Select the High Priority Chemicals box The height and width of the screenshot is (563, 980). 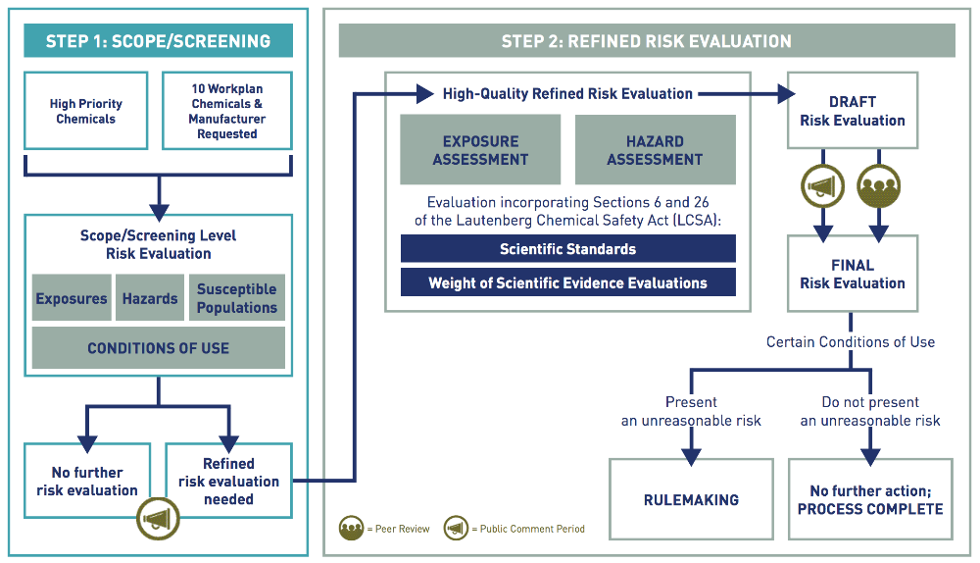(x=85, y=111)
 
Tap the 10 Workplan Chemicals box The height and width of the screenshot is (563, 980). (x=226, y=111)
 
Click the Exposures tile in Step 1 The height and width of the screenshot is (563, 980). (x=72, y=299)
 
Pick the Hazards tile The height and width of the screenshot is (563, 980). (x=150, y=299)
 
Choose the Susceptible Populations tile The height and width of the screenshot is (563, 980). (x=236, y=299)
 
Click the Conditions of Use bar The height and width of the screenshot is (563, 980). (x=158, y=348)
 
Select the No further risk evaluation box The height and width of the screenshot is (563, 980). (x=87, y=481)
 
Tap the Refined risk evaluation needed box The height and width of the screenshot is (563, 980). (x=228, y=481)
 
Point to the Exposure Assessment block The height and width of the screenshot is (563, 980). (x=480, y=150)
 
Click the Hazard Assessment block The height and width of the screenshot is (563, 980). (x=655, y=150)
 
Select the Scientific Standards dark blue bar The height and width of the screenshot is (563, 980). (x=567, y=249)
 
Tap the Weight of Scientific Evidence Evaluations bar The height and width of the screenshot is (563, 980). (x=567, y=283)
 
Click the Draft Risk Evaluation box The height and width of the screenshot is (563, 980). (x=852, y=111)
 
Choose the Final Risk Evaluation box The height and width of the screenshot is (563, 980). (x=852, y=274)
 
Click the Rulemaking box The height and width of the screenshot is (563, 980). (x=691, y=499)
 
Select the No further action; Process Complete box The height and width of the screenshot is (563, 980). (x=870, y=499)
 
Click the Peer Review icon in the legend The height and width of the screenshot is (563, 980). (x=353, y=529)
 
